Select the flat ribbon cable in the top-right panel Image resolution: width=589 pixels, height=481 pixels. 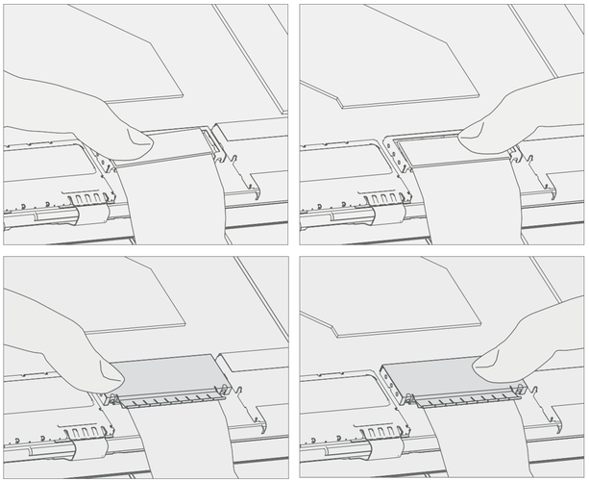461,197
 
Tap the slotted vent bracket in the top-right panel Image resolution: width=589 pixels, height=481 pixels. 384,199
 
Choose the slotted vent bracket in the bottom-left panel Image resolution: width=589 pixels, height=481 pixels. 89,448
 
